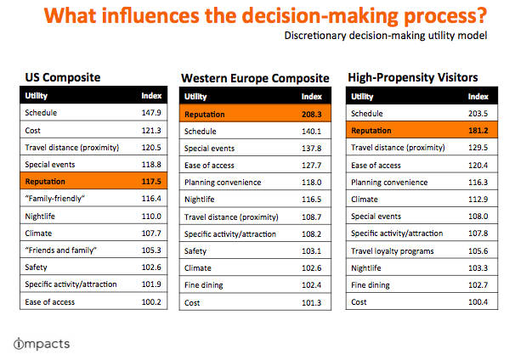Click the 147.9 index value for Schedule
point(151,113)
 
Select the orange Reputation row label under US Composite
point(45,182)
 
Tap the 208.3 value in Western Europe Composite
point(311,115)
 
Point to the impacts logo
point(42,344)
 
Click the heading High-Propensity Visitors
point(413,78)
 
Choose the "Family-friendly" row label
point(55,199)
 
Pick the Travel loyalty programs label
point(392,251)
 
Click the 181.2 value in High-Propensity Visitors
point(478,131)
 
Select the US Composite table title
point(63,77)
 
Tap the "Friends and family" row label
point(60,250)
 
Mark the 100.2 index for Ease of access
point(151,302)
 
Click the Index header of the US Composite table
point(151,95)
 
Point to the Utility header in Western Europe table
point(195,97)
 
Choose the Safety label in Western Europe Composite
point(195,251)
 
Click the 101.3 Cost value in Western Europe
point(311,302)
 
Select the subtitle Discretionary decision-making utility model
point(386,36)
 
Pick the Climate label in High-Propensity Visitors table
point(365,200)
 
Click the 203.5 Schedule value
point(478,114)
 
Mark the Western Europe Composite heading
point(255,78)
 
